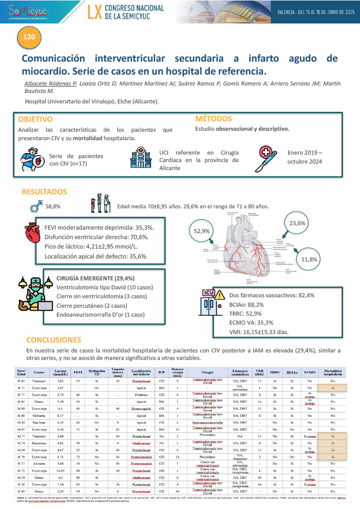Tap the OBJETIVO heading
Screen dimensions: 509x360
tap(35, 120)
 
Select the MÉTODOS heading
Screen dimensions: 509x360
tap(213, 119)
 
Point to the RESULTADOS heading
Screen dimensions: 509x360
tap(44, 192)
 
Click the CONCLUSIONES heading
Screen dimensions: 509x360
tap(53, 340)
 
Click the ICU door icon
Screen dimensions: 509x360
tap(211, 304)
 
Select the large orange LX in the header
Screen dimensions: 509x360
tap(94, 13)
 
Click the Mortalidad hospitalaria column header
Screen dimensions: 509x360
tap(333, 372)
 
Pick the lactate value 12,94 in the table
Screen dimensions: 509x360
tap(60, 469)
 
